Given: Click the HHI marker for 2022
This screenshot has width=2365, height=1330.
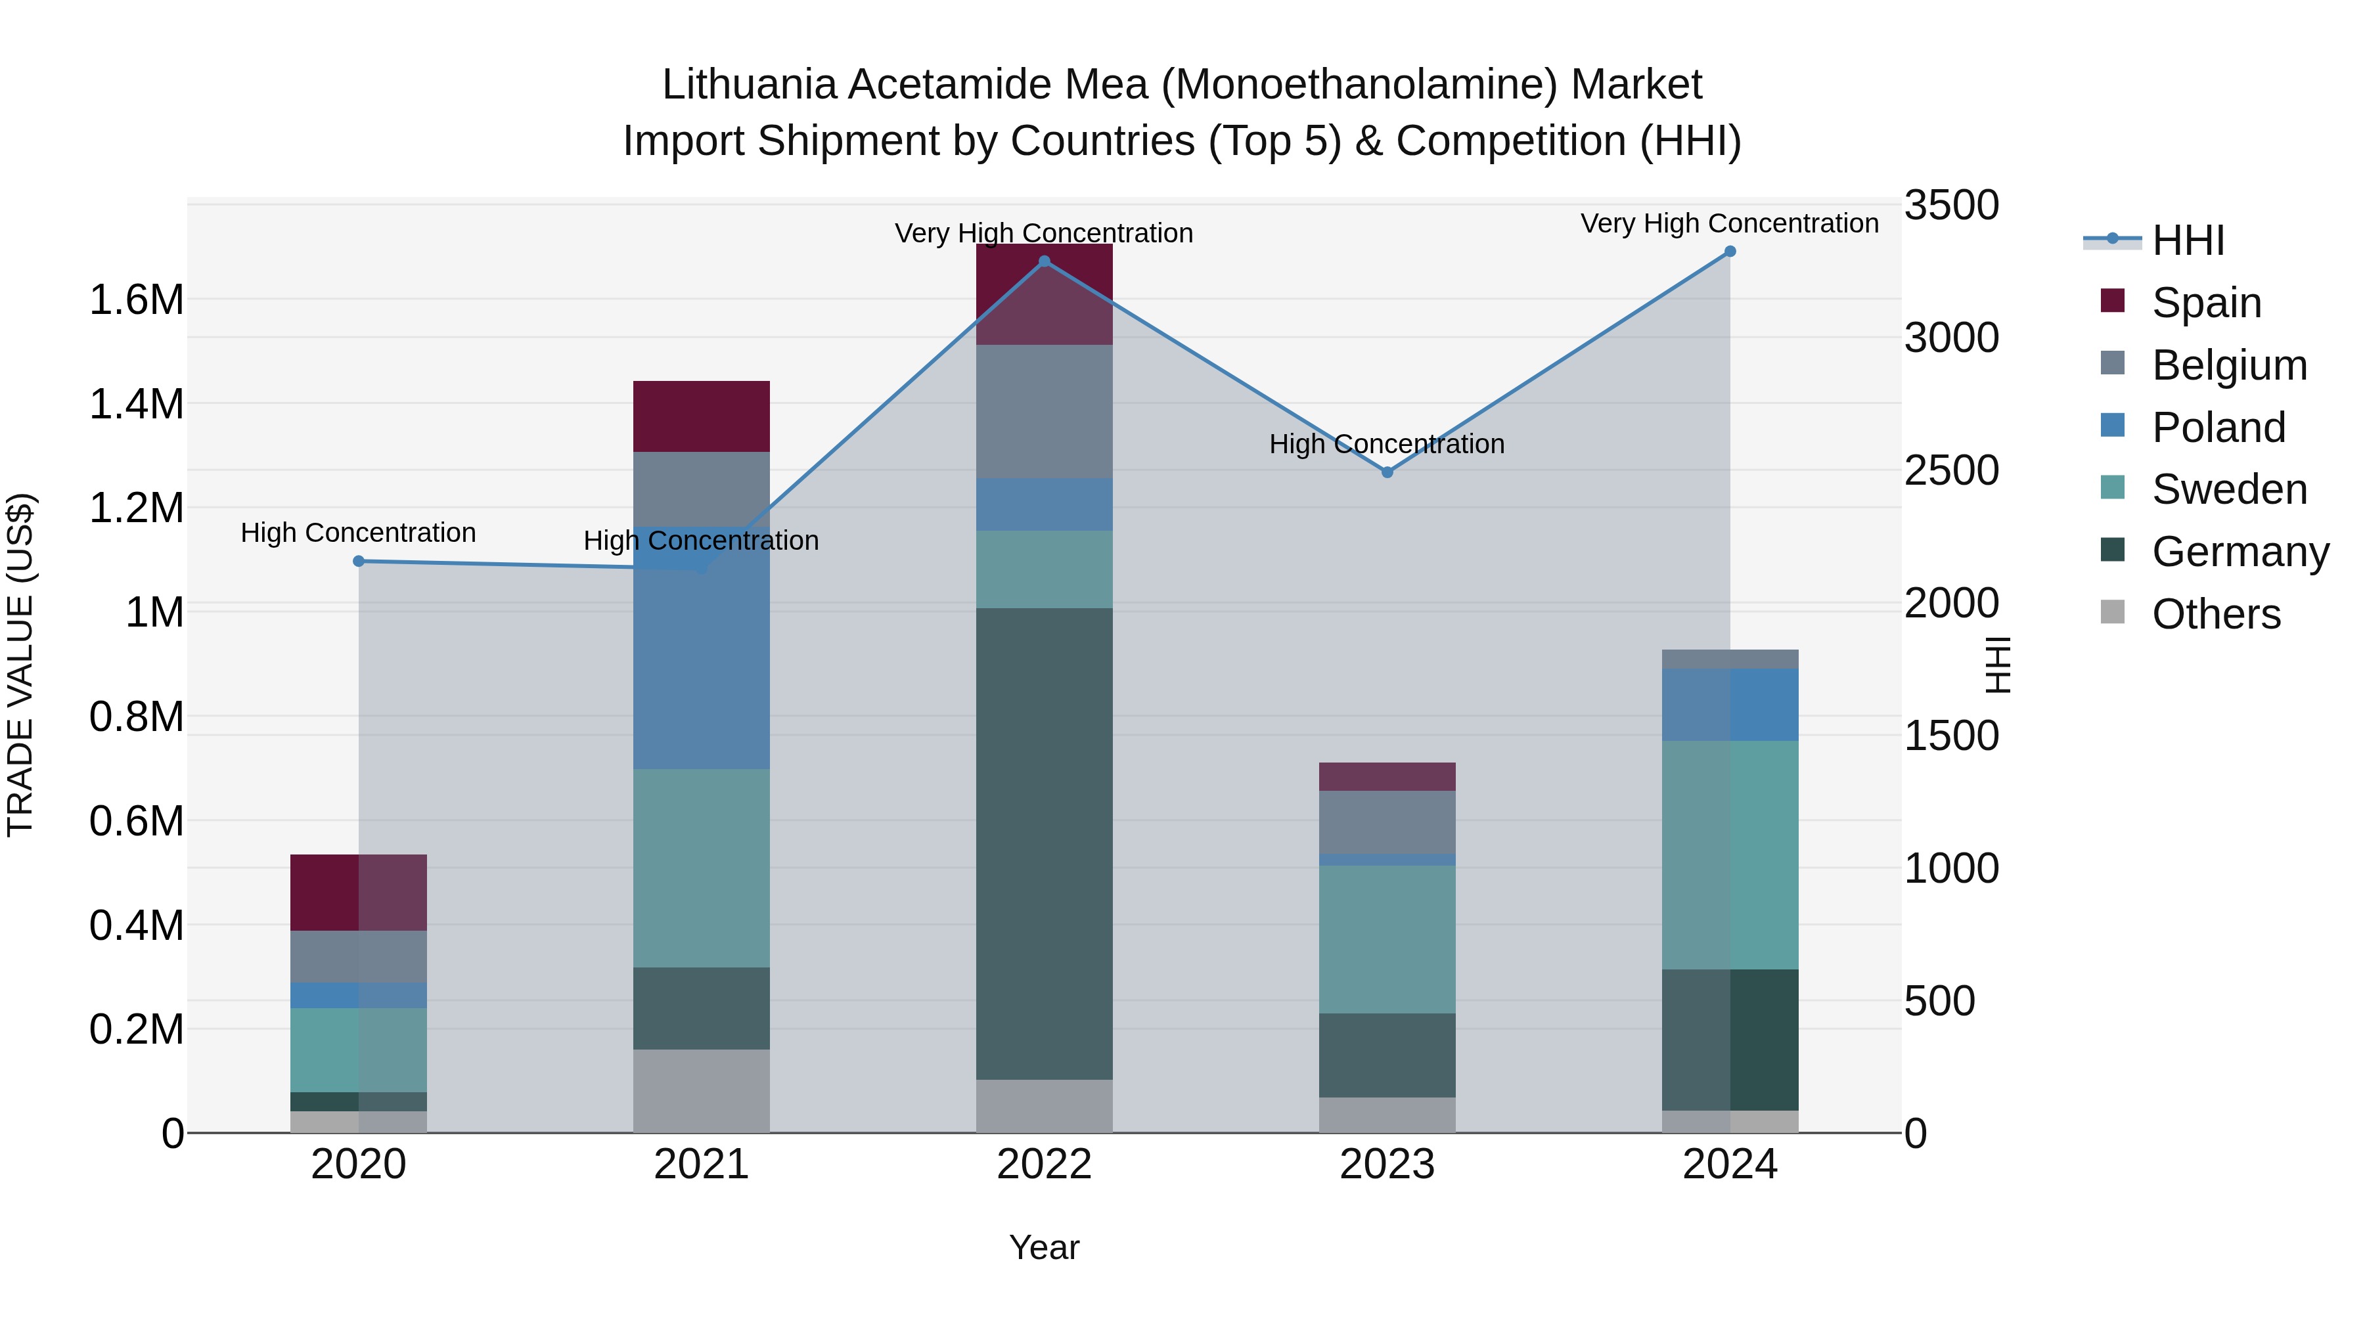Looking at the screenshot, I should (x=1044, y=261).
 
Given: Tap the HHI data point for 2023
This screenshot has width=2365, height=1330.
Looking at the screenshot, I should (x=1387, y=472).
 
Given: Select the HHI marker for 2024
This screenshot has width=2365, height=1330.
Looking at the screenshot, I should (x=1730, y=252).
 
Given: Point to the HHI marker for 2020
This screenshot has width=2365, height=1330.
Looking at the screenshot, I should (x=359, y=561).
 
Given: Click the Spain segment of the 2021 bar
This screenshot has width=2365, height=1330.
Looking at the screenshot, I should (x=702, y=416).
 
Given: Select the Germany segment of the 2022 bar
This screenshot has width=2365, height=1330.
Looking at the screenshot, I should (x=1044, y=843).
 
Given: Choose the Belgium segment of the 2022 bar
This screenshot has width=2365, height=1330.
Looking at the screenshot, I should (x=1044, y=411).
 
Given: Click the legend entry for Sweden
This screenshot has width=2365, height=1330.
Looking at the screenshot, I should (x=2229, y=489).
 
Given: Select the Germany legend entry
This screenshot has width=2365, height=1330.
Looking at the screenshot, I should (x=2240, y=552).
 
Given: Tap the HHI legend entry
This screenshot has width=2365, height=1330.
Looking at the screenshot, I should (x=2188, y=240).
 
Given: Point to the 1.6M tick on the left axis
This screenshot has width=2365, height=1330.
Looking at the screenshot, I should (x=136, y=299).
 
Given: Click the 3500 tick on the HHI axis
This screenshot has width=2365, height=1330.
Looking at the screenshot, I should (x=1951, y=205).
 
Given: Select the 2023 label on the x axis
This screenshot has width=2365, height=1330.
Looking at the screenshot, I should (x=1387, y=1164).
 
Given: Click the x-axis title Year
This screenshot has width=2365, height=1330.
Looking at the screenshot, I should (x=1044, y=1247).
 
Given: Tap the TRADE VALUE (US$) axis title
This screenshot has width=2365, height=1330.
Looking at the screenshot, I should (x=20, y=665).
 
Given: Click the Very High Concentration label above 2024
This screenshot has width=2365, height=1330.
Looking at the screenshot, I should (x=1730, y=223).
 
